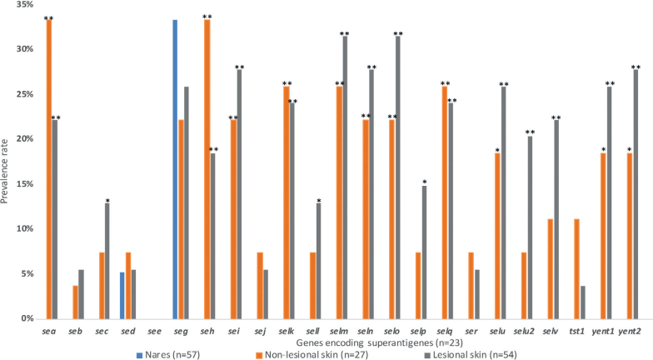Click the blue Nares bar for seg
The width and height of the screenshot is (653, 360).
175,169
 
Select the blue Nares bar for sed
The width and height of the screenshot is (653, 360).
122,295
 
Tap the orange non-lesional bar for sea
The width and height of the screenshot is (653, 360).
49,169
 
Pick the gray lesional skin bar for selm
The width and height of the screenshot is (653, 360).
345,177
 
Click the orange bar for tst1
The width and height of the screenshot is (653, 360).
576,268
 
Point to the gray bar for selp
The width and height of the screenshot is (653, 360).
424,252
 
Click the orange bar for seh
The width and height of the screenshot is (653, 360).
207,169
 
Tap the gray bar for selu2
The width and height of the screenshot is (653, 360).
530,227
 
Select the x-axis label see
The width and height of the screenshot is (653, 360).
154,332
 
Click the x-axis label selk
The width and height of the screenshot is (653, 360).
287,332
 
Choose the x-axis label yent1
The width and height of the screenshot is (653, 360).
603,332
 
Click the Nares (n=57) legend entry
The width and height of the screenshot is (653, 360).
168,355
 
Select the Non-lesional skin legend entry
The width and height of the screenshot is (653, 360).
312,355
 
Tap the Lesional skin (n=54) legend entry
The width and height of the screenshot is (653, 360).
470,355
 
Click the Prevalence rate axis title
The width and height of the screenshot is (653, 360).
5,172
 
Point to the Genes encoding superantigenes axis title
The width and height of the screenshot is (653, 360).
380,343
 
